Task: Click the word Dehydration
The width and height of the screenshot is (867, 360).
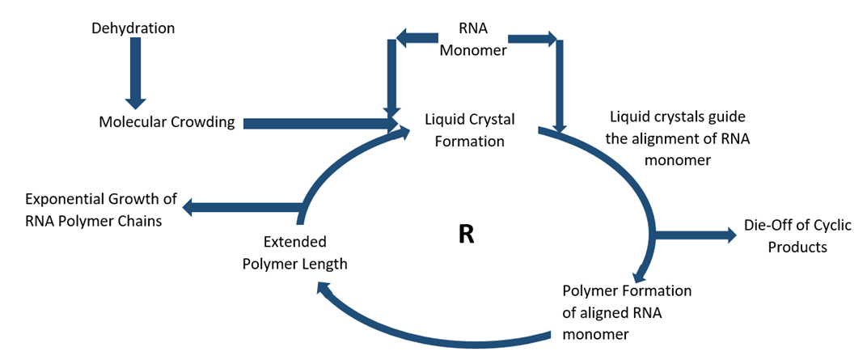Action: [x=133, y=28]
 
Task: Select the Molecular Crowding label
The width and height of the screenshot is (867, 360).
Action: [x=167, y=122]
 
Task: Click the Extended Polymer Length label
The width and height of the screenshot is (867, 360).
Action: [x=295, y=252]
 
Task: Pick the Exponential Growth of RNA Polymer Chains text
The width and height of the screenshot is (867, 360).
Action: [x=100, y=210]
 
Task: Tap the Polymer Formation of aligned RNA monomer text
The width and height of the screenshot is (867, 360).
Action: [x=626, y=311]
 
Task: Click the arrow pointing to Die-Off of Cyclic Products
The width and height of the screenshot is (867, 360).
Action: [x=696, y=235]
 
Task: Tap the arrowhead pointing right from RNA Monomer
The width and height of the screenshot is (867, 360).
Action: [x=550, y=37]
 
